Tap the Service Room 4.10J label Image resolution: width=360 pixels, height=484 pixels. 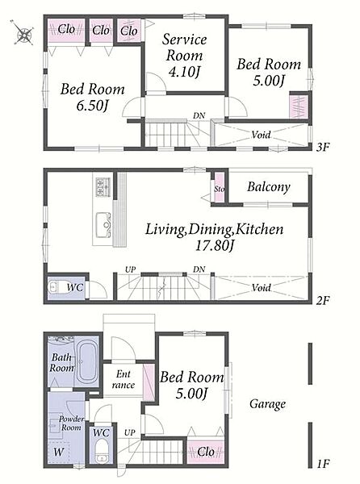(x=184, y=56)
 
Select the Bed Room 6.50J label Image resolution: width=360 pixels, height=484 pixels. (x=92, y=97)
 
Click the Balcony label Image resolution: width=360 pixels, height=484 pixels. (x=269, y=187)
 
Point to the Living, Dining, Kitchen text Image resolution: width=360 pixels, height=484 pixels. (x=214, y=229)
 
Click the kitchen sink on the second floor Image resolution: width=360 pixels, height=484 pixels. (x=103, y=225)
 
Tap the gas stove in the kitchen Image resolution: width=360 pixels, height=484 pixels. (x=103, y=187)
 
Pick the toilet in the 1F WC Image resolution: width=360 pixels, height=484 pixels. (x=101, y=451)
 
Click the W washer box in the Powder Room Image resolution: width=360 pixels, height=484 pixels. (x=59, y=453)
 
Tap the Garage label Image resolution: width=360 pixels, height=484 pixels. (x=267, y=404)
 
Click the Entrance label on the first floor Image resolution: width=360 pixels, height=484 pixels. (x=123, y=379)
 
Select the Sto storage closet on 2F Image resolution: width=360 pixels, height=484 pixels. (x=220, y=188)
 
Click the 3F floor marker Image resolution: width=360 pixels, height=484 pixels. (x=323, y=147)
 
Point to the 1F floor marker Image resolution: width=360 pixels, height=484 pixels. (x=323, y=463)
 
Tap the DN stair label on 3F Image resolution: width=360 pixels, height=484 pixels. (x=199, y=115)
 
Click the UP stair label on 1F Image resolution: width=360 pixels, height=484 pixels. (x=130, y=432)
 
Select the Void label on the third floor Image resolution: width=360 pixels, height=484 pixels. (x=261, y=135)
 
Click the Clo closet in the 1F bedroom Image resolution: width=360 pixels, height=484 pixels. (x=206, y=452)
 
